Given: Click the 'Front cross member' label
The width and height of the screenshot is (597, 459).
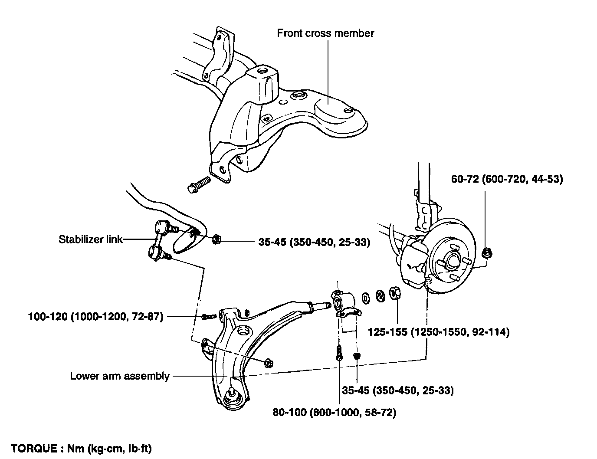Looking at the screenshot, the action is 325,33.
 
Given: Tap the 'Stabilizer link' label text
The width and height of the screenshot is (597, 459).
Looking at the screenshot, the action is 90,239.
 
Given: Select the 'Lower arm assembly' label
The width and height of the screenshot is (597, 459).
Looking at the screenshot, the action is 120,376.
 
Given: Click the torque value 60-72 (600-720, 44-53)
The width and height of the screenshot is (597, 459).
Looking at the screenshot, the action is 507,179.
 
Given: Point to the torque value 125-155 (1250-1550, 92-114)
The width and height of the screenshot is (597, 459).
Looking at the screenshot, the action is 439,332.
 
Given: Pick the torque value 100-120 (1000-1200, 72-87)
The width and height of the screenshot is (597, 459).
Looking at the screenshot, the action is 96,317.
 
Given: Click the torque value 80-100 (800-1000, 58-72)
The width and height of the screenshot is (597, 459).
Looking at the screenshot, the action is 335,412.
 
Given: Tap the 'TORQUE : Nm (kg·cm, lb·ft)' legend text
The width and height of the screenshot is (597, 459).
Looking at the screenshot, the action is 81,448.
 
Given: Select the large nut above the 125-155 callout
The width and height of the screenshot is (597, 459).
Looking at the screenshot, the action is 395,293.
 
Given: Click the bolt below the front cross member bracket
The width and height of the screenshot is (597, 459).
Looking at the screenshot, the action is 199,184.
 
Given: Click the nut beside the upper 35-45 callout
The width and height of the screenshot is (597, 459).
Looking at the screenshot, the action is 217,239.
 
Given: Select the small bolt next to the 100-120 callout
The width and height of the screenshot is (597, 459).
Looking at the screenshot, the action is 209,317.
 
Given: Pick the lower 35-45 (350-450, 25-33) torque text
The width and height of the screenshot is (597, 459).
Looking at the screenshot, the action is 398,390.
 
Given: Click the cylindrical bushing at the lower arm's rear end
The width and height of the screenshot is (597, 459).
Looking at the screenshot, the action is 343,301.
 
